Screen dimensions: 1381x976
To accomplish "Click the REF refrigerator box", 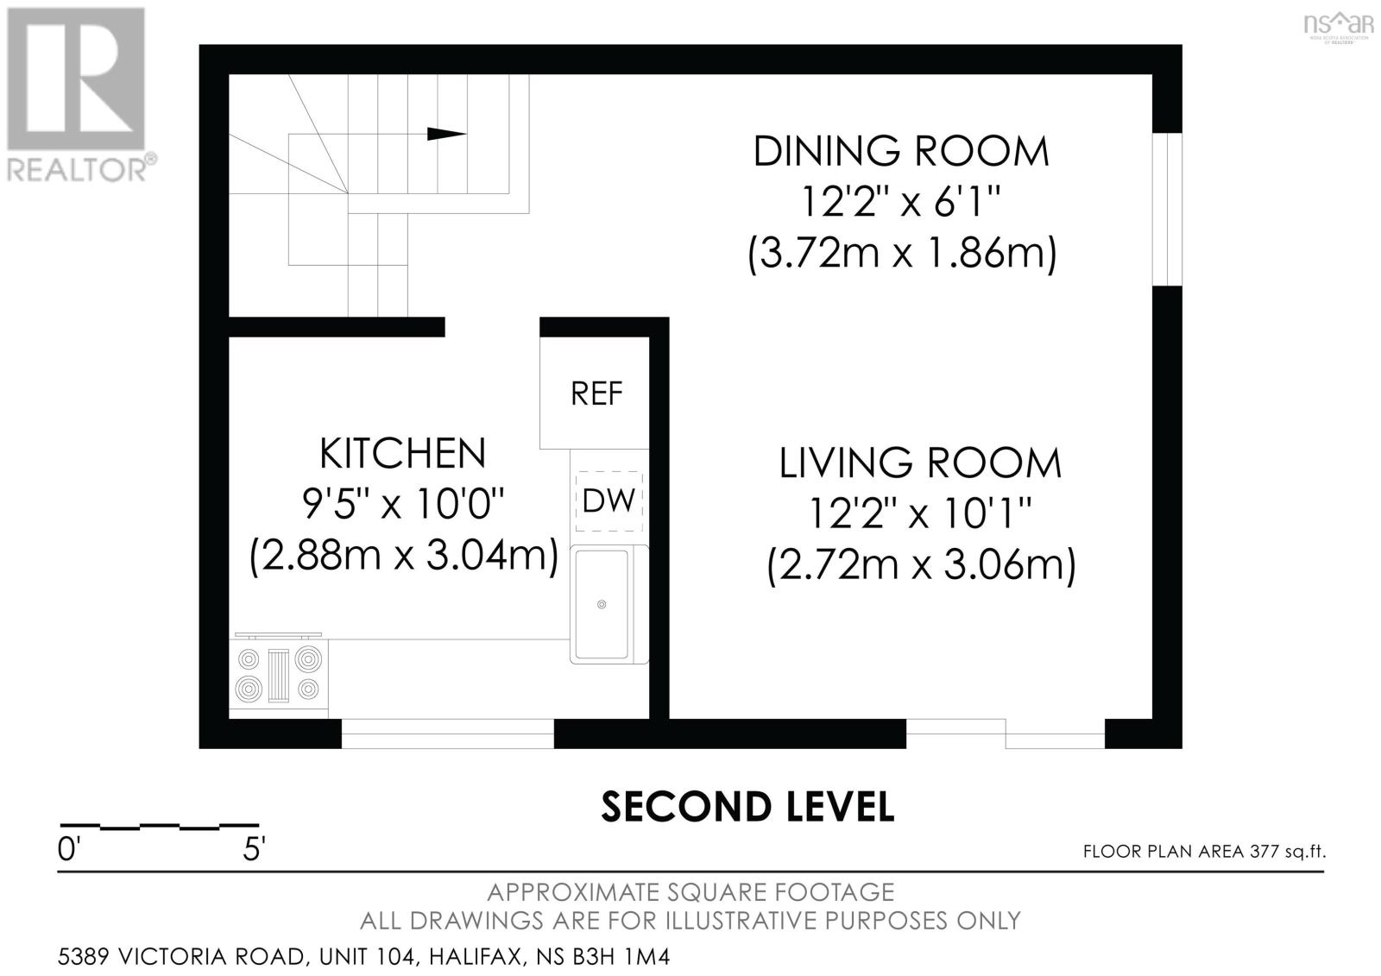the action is (595, 393).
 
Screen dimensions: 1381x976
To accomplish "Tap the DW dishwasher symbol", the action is (609, 501).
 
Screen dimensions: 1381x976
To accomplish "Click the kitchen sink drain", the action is (602, 604).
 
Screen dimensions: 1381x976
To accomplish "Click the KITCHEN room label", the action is (402, 453).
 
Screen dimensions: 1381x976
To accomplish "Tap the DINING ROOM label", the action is (901, 152).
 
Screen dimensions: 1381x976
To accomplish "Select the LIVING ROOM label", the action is (920, 463).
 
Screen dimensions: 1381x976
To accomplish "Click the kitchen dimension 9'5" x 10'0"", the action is (403, 504).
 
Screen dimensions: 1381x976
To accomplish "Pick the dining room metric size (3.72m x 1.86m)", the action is (902, 254).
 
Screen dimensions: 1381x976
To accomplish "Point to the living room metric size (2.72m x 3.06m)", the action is (921, 565).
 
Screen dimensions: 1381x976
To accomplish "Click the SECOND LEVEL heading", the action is (747, 807).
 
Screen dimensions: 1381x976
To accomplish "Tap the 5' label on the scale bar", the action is (254, 850).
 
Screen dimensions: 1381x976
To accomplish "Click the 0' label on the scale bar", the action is (68, 850).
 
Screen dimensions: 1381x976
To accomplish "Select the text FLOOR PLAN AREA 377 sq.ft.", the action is (1204, 852).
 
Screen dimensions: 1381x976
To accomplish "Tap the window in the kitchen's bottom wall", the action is (448, 734).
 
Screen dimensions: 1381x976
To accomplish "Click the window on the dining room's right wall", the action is (1167, 209).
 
